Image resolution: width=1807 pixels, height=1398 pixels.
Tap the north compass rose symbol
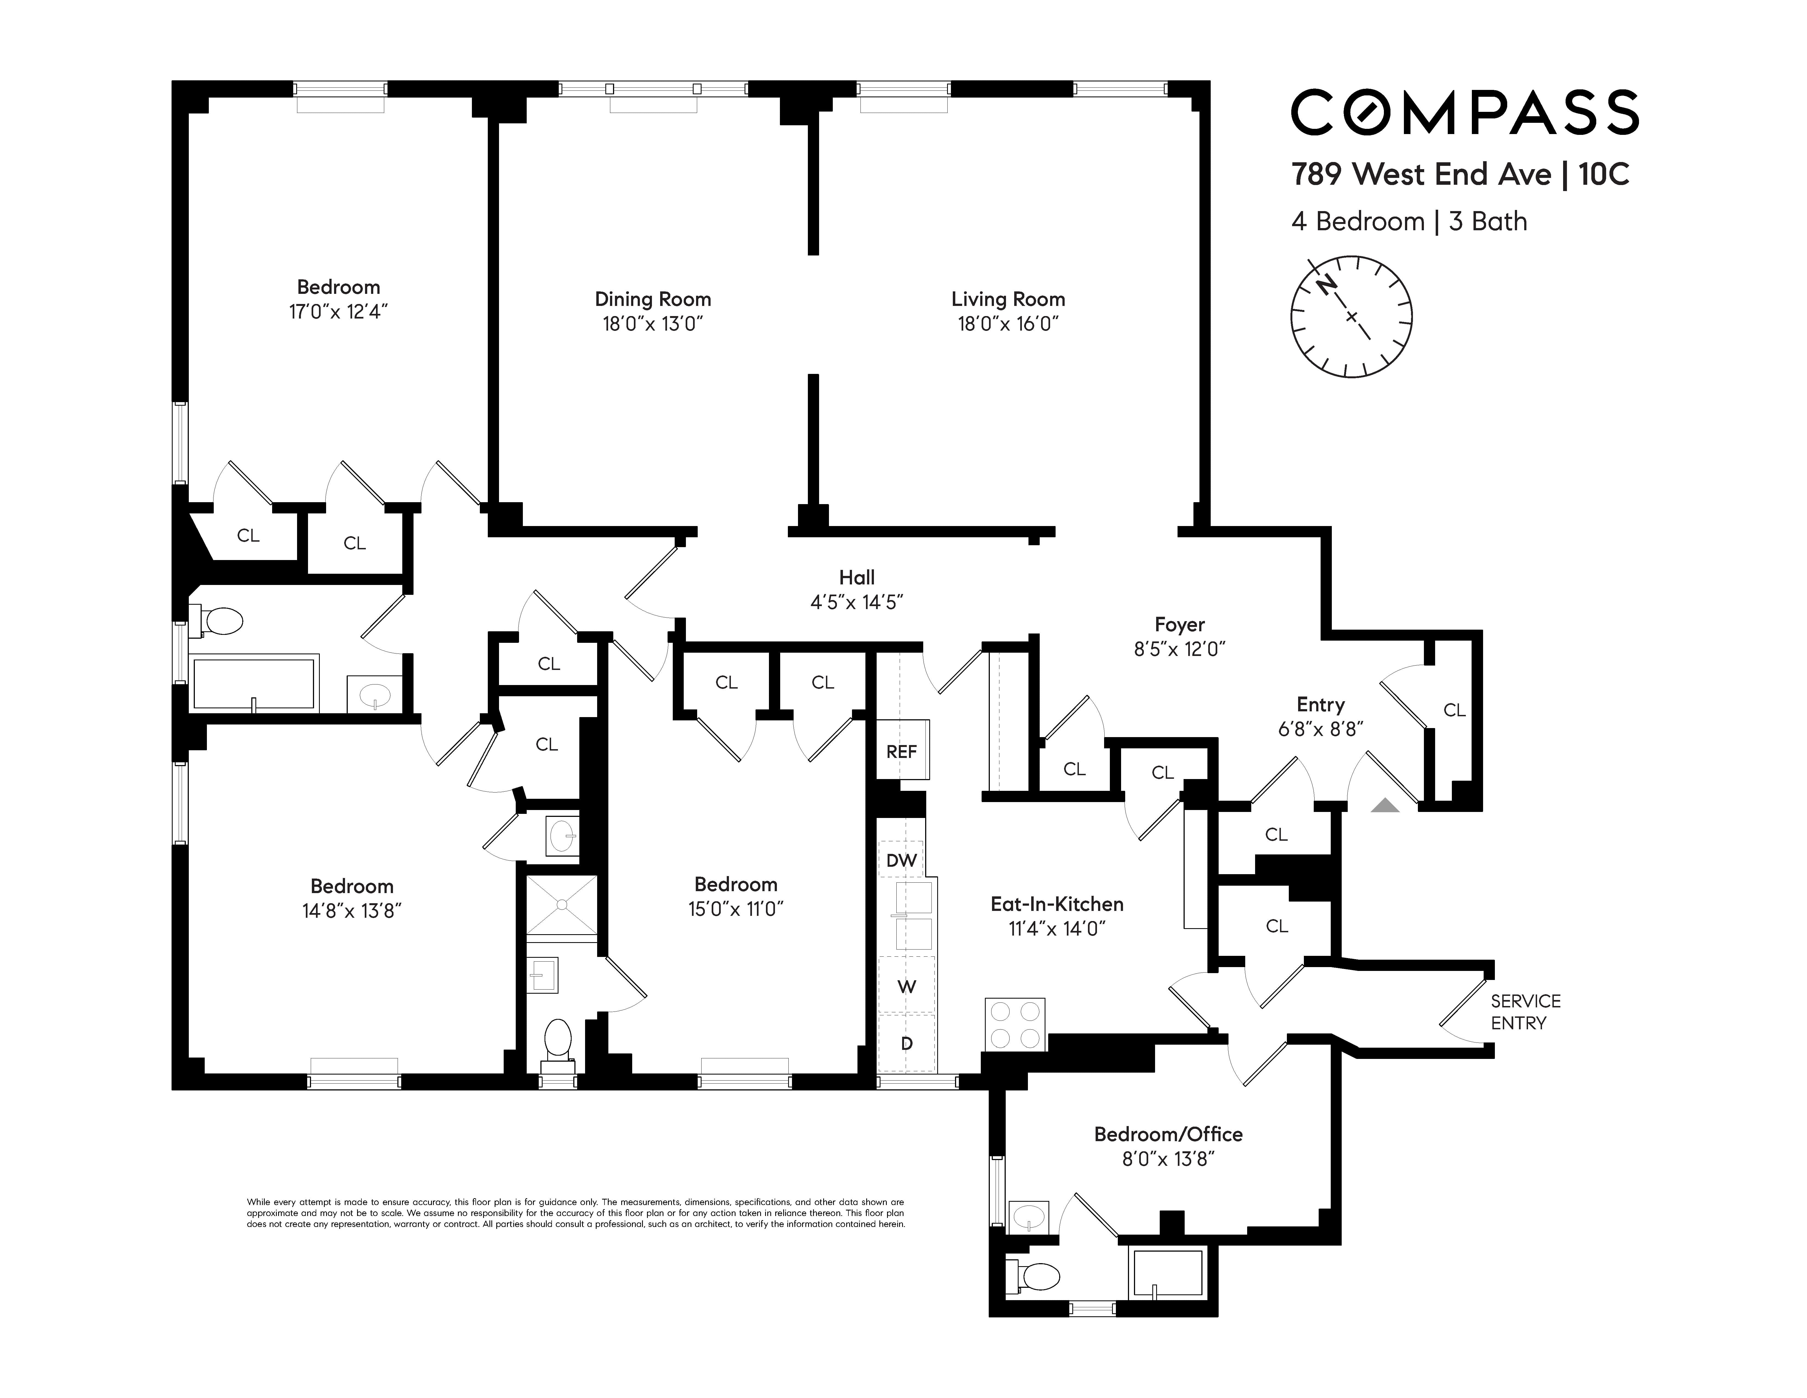(x=1351, y=317)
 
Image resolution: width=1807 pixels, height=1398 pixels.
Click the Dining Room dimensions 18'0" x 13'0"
(x=653, y=324)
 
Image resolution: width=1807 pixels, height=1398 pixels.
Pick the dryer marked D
(x=907, y=1043)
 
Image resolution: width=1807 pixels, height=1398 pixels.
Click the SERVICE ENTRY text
(x=1525, y=1011)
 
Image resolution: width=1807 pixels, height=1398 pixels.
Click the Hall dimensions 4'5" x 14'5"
(x=856, y=602)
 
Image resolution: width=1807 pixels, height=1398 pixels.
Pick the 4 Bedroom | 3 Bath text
(x=1409, y=222)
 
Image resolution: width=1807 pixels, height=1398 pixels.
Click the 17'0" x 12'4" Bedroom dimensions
(x=338, y=312)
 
